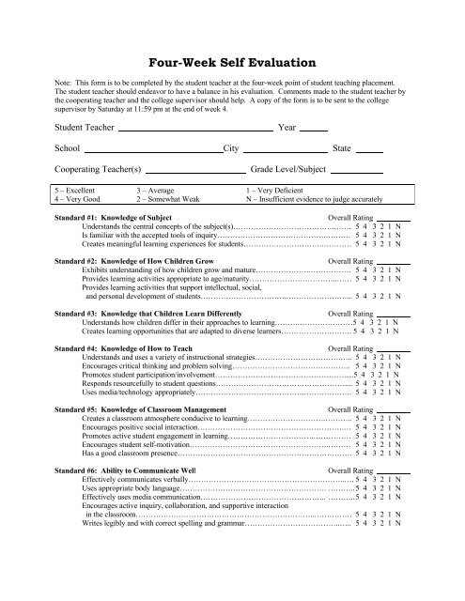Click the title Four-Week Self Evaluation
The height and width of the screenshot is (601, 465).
pos(231,64)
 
